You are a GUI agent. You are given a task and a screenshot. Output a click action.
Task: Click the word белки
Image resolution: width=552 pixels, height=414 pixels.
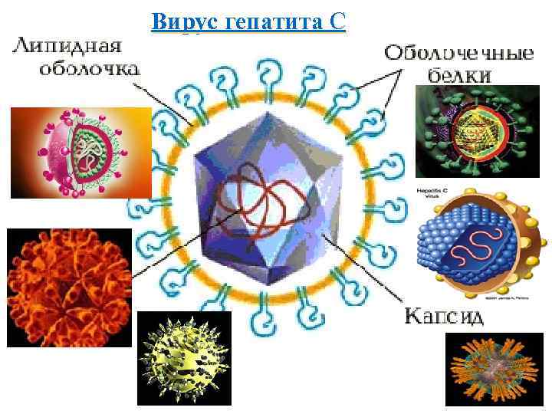(x=459, y=76)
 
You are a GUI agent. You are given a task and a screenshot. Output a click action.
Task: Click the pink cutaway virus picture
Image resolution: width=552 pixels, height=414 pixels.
(x=80, y=152)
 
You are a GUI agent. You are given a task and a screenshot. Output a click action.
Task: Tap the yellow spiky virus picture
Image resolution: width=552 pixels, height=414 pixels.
(x=183, y=359)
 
